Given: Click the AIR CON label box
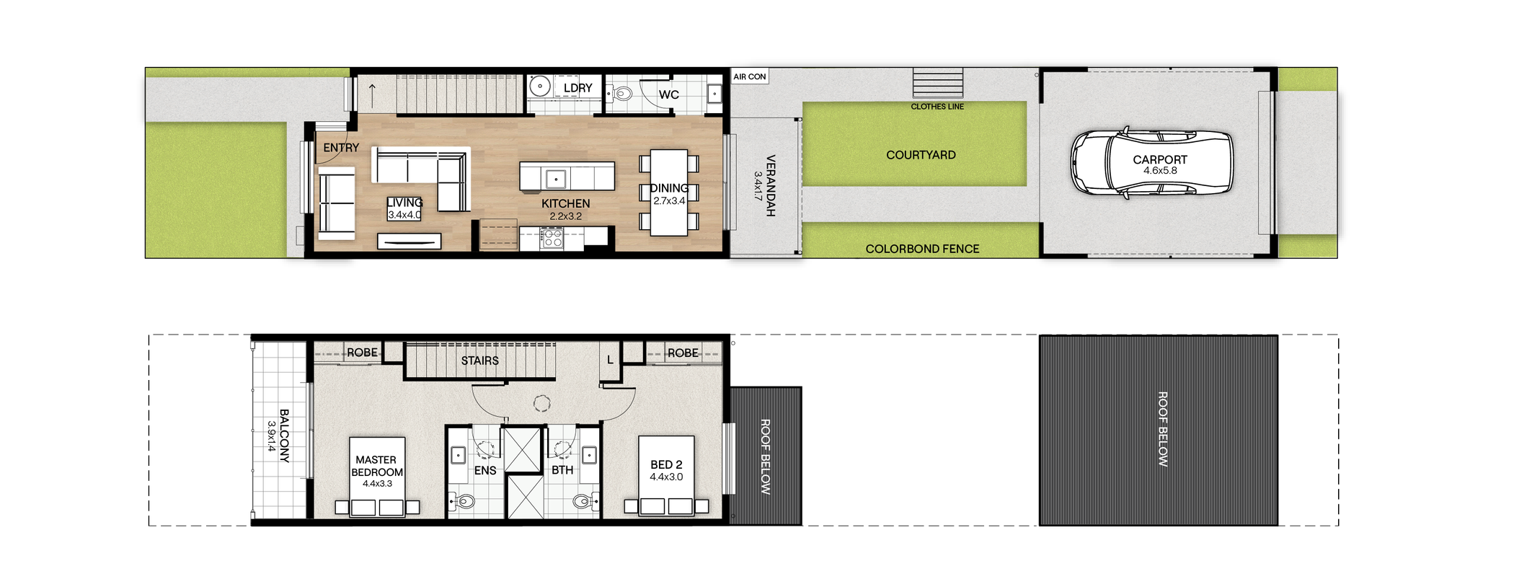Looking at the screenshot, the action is tap(750, 76).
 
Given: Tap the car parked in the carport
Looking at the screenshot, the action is tap(1151, 163).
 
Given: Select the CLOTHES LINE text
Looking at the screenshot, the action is tap(937, 107).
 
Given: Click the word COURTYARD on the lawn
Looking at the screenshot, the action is tap(921, 155).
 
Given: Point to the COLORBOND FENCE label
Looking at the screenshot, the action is tap(922, 249).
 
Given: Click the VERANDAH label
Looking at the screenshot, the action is tap(771, 185).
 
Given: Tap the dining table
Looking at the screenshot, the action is tap(669, 193).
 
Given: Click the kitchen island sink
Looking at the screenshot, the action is tap(555, 178).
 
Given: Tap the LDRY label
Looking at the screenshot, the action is tap(577, 88).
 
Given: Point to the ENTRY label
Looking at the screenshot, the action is tap(341, 148).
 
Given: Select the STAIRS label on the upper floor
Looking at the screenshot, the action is tap(480, 361).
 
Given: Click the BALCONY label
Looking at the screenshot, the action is tap(284, 436).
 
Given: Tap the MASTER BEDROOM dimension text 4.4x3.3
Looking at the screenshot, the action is tap(377, 484).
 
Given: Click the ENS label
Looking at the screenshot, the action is tap(485, 471).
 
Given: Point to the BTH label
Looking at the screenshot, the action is tap(562, 470).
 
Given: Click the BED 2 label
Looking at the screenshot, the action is tap(666, 465).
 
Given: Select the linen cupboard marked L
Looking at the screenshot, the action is tap(611, 359).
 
